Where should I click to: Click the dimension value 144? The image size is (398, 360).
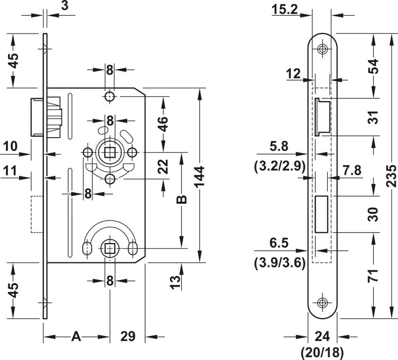[200, 177]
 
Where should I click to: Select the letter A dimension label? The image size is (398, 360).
[76, 336]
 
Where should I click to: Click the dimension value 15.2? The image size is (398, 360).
[285, 10]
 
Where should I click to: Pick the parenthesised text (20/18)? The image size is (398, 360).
[322, 352]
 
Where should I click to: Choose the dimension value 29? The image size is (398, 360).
[128, 336]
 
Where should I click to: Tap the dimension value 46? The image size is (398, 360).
[163, 124]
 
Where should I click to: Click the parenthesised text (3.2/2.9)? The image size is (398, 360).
[279, 166]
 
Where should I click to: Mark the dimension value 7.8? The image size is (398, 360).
[352, 170]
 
